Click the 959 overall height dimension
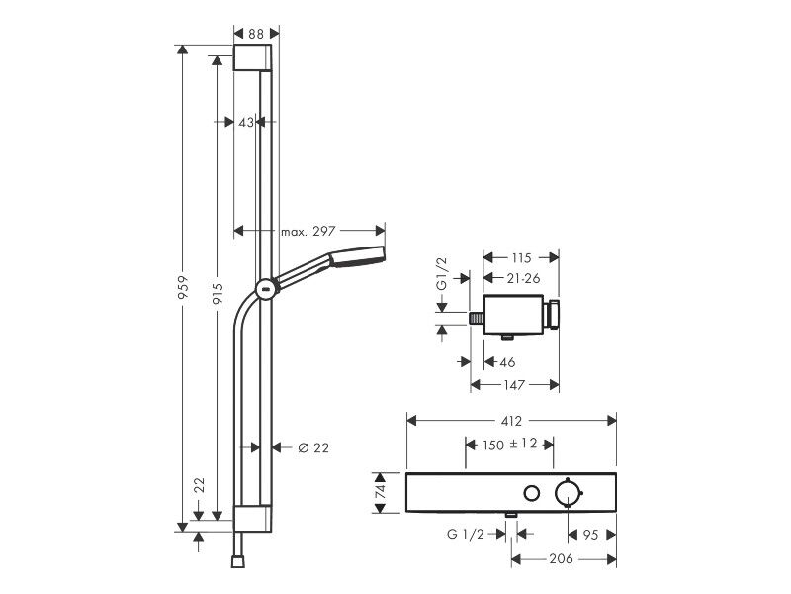[x=183, y=287]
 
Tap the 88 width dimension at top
[x=256, y=34]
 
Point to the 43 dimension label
[x=245, y=122]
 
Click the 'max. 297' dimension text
[x=308, y=232]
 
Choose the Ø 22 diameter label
[x=313, y=448]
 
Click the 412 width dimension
[x=511, y=420]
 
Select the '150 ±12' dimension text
[x=509, y=445]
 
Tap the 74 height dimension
[x=382, y=491]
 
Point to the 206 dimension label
[x=561, y=558]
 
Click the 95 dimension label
[x=590, y=535]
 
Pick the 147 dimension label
[x=514, y=385]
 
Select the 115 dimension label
[x=521, y=258]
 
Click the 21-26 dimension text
[x=524, y=278]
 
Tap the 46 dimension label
[x=507, y=362]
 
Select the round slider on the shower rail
[x=265, y=290]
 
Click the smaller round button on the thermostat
[x=532, y=493]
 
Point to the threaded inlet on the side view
[x=477, y=319]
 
